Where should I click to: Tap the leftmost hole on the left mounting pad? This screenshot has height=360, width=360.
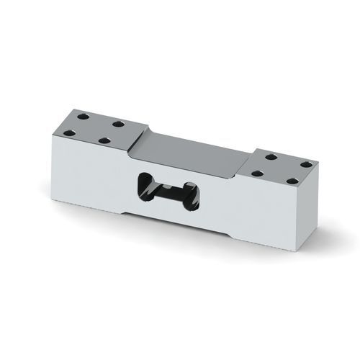click(71, 132)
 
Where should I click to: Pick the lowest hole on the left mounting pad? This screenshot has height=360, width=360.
click(105, 142)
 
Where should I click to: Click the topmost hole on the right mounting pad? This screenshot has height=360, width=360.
click(271, 156)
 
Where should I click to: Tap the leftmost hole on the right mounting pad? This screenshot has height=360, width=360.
click(257, 173)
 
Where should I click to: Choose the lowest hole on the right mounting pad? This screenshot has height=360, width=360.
click(293, 182)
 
